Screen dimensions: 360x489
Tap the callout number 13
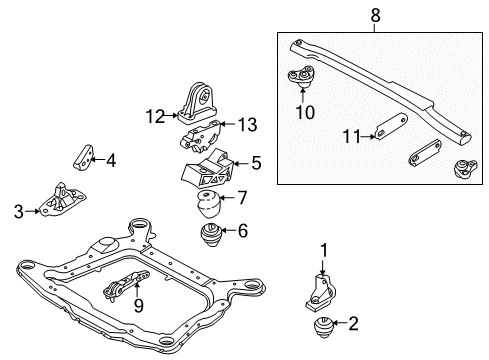point(247,124)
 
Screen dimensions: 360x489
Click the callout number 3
point(19,211)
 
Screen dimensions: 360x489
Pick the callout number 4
point(111,158)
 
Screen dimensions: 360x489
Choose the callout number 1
point(323,249)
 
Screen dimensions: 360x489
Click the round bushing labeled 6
point(212,237)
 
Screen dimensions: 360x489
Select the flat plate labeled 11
point(387,130)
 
